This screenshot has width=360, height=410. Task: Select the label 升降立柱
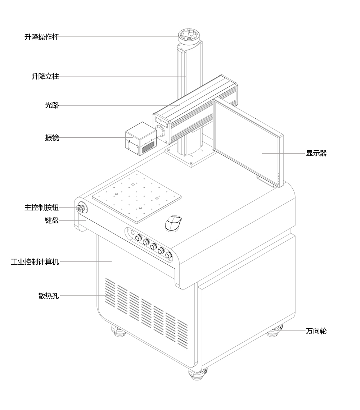(45, 76)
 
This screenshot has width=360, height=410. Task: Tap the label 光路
(52, 105)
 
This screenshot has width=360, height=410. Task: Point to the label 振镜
(52, 137)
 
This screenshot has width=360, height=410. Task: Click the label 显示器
(316, 153)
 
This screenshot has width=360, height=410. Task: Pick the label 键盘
(52, 220)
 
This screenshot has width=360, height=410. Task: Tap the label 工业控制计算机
(35, 262)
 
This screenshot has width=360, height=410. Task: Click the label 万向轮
(316, 331)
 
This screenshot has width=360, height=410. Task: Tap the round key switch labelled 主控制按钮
(82, 208)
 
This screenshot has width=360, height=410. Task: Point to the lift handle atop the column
(188, 36)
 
